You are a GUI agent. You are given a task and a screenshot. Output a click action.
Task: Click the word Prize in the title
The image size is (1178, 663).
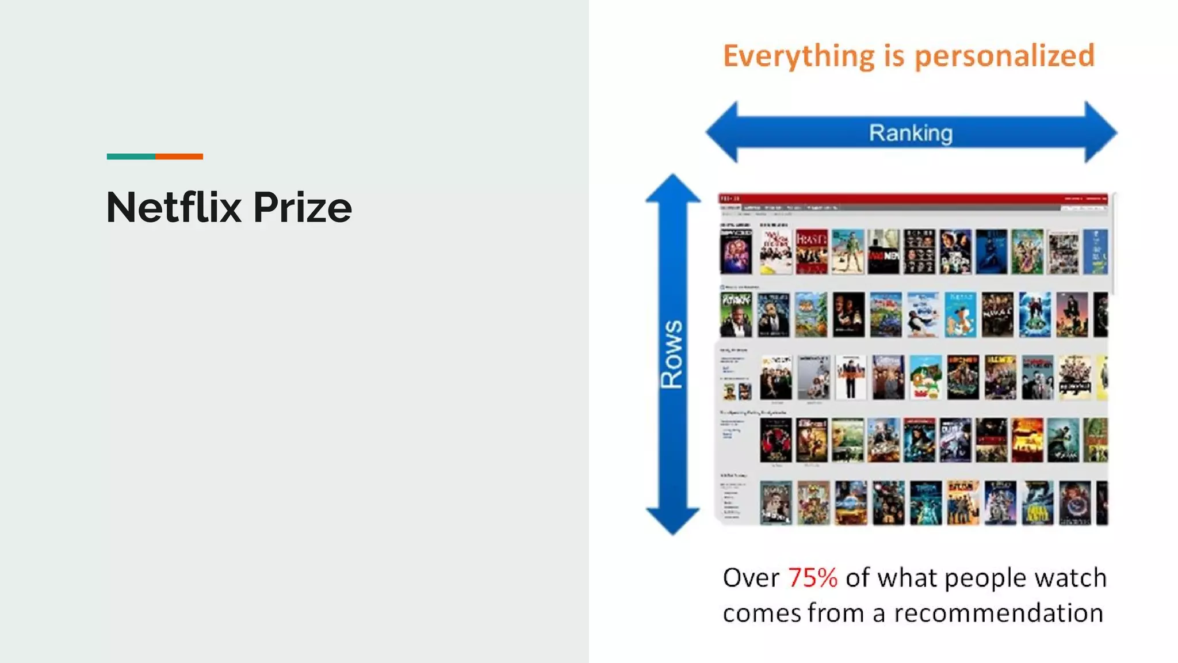pos(303,207)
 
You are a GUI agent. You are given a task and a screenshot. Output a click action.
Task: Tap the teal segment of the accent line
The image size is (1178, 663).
pos(131,157)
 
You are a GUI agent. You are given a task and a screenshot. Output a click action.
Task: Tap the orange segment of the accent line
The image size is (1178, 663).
pos(179,157)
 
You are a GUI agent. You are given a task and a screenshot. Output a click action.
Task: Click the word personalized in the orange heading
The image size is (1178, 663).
pos(1004,56)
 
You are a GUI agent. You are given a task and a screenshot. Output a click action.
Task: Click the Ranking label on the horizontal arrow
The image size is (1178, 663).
pos(911,133)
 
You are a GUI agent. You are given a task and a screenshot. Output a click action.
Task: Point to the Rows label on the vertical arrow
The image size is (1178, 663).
pos(672,354)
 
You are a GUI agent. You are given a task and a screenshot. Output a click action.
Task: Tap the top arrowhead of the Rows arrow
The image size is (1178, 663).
pos(672,189)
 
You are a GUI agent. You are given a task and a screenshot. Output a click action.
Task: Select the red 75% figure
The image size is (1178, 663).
pos(812,578)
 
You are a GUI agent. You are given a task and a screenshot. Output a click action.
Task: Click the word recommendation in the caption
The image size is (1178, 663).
pos(999,613)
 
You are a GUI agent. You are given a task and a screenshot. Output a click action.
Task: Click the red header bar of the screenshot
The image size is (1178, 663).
pos(912,199)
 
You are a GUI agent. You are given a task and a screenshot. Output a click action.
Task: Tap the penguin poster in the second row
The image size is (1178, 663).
pos(923,314)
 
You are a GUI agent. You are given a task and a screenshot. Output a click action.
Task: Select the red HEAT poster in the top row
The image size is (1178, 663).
pos(812,252)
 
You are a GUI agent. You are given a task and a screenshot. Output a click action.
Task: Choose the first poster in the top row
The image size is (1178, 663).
pos(736,252)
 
